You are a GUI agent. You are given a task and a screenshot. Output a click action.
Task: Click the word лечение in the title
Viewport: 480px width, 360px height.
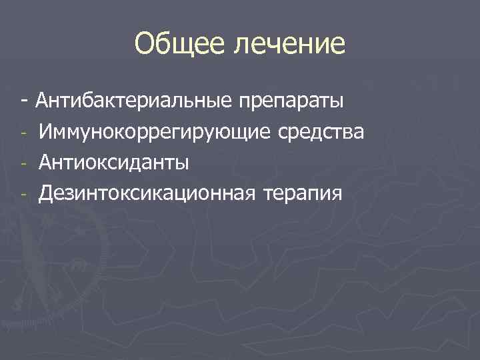(291, 44)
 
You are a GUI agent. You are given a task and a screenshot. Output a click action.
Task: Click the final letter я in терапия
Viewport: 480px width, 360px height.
(337, 195)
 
